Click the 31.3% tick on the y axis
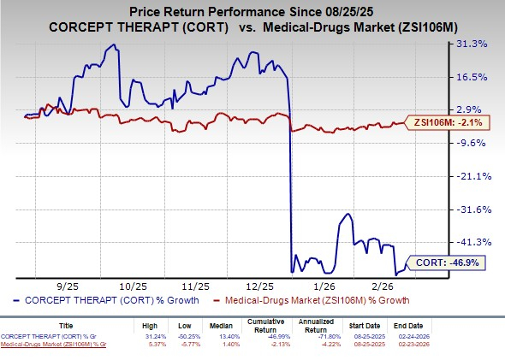(477, 44)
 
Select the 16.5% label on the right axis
(477, 77)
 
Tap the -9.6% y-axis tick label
(477, 143)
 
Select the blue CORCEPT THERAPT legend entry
(107, 301)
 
